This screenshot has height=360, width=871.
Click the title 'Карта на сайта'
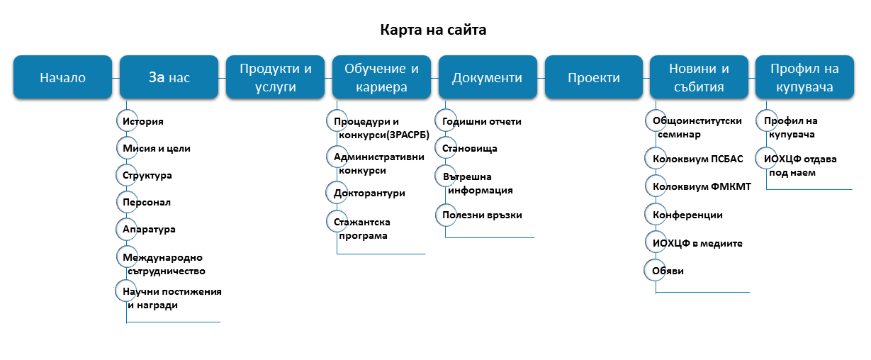[x=433, y=30]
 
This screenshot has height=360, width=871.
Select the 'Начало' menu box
[x=62, y=77]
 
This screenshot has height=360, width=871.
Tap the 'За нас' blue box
[x=169, y=77]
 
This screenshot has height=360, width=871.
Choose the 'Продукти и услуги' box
[x=275, y=77]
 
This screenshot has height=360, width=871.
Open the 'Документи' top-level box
[x=488, y=77]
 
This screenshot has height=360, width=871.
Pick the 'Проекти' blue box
[x=594, y=77]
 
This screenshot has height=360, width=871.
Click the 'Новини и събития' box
[x=699, y=77]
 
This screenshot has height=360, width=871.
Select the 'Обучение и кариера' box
[x=381, y=77]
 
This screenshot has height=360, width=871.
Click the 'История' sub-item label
[x=143, y=121]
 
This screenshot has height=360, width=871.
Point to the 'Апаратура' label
[x=149, y=230]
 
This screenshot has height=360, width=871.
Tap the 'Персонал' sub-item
[x=147, y=202]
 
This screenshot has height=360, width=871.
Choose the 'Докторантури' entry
[x=369, y=193]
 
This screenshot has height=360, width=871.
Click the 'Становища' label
[x=470, y=149]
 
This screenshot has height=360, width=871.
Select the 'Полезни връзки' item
[x=482, y=215]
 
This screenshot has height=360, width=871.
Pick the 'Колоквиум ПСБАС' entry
[x=698, y=159]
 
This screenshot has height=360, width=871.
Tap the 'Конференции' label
[x=687, y=215]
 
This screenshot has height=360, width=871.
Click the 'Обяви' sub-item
[x=668, y=271]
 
